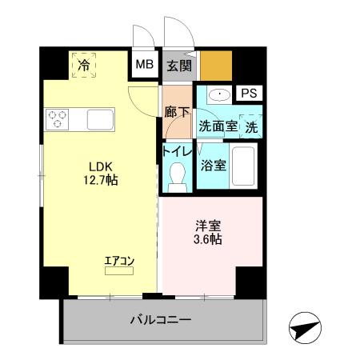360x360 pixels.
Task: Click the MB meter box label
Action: [145, 65]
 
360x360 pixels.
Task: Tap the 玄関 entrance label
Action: [179, 66]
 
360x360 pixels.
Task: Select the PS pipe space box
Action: [249, 93]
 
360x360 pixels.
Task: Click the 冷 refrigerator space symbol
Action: [84, 65]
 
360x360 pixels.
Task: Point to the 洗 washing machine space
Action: [251, 126]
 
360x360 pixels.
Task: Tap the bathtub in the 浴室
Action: [243, 166]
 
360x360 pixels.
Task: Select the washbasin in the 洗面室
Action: [219, 94]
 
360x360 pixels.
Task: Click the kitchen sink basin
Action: [100, 119]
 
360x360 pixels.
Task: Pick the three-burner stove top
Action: [57, 119]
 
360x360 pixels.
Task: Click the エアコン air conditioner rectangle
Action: [119, 271]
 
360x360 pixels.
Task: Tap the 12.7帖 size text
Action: [101, 181]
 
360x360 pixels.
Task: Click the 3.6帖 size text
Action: [208, 239]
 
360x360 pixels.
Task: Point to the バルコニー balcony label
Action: [161, 319]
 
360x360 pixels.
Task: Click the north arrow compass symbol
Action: [305, 328]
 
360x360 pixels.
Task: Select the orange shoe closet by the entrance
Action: [216, 66]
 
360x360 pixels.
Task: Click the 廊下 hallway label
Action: [177, 112]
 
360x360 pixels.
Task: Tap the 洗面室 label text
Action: [218, 126]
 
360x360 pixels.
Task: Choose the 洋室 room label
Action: [208, 226]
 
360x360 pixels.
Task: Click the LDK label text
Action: [101, 167]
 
